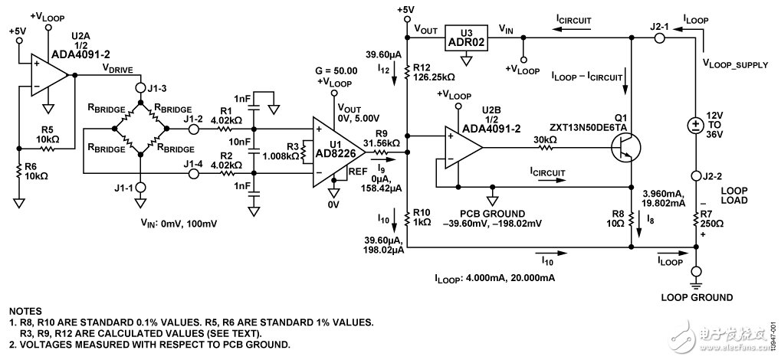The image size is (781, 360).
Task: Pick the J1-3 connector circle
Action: click(139, 86)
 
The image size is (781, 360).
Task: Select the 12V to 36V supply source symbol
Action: click(695, 126)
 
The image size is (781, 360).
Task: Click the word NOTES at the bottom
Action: click(27, 312)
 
